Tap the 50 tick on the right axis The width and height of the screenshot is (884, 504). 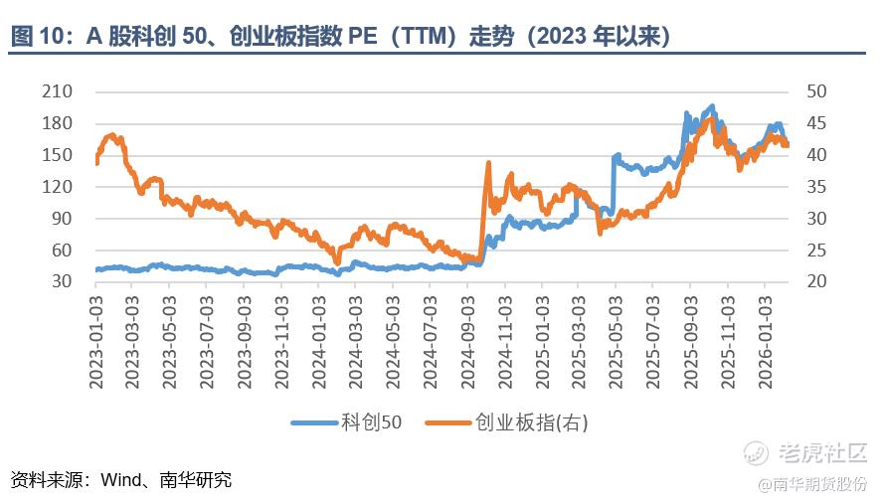[x=816, y=91]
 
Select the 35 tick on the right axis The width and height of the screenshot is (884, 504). [x=816, y=187]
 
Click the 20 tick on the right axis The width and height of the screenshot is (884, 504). [x=816, y=281]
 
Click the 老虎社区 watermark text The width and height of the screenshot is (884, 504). [x=821, y=453]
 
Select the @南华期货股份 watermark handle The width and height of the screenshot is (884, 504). [x=812, y=484]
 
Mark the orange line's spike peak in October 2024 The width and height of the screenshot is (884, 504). [x=488, y=162]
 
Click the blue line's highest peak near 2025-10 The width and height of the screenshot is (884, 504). [x=711, y=105]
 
